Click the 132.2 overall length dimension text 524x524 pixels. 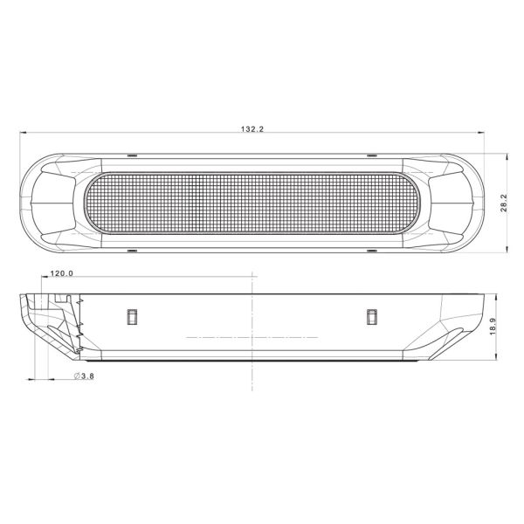[252, 128]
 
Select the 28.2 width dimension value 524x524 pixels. [503, 203]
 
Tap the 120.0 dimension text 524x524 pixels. [61, 274]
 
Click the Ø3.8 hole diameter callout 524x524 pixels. [84, 376]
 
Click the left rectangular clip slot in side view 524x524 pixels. [133, 317]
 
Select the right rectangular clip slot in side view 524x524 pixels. [373, 317]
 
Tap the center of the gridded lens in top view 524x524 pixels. [253, 203]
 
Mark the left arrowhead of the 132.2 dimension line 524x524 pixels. [24, 134]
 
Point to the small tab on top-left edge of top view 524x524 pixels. [132, 155]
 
